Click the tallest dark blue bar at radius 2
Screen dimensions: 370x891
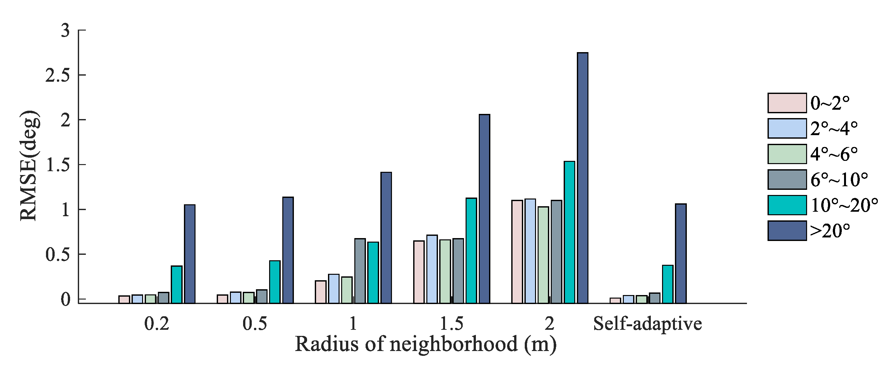click(582, 178)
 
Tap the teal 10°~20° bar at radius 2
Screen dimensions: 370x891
click(569, 232)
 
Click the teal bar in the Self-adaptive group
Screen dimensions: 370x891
click(668, 284)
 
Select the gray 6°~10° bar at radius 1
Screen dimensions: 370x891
click(360, 271)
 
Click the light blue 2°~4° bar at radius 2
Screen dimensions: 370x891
click(530, 251)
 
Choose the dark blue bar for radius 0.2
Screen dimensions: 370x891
click(189, 254)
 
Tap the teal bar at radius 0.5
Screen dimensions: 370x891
click(275, 282)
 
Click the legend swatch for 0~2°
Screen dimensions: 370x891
click(787, 103)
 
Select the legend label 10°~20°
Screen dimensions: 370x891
click(844, 205)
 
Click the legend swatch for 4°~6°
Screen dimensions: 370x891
click(787, 154)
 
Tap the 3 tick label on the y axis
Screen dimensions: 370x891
click(65, 31)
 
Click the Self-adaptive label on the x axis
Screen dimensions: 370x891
click(648, 324)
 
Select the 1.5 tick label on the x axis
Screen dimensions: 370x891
click(451, 324)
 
